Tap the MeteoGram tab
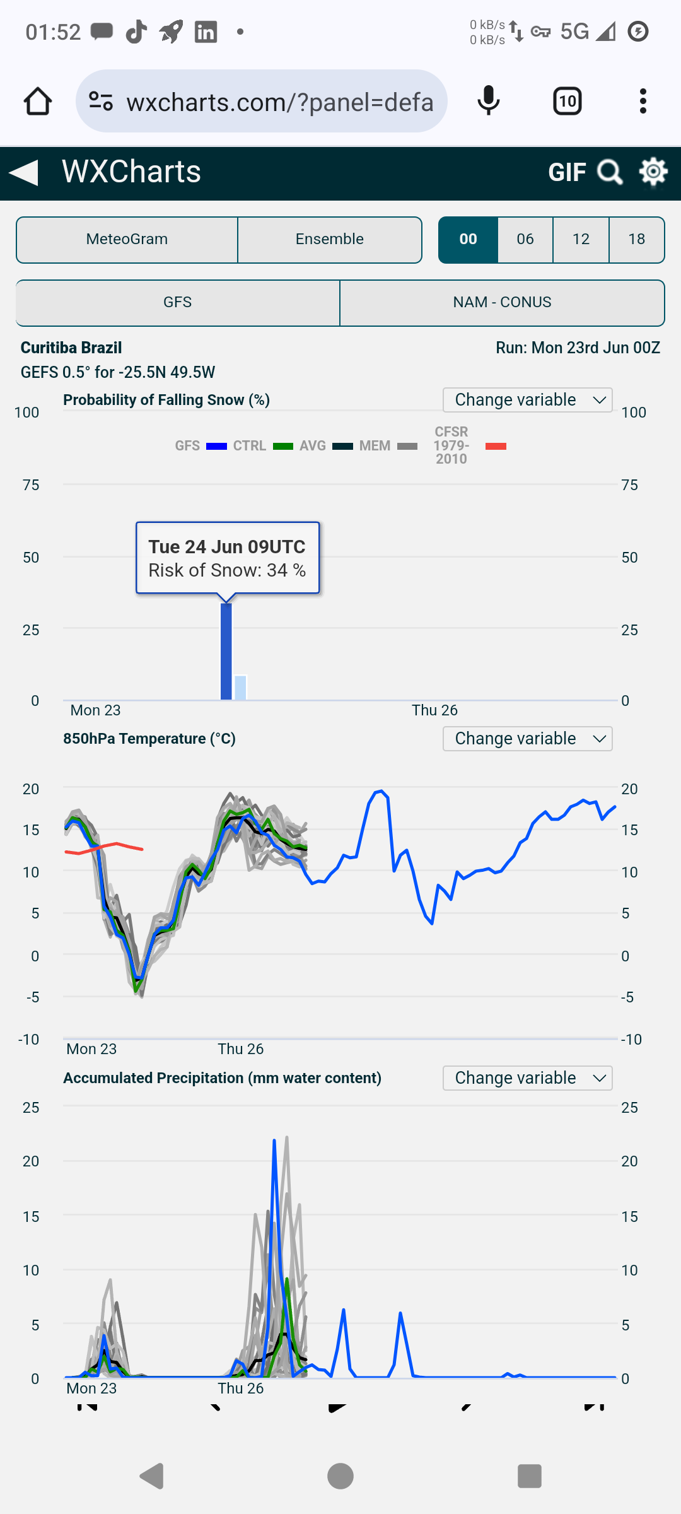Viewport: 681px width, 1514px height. pyautogui.click(x=127, y=240)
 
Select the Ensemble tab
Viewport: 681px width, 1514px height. pyautogui.click(x=329, y=240)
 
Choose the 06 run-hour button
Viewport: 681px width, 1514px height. pyautogui.click(x=525, y=240)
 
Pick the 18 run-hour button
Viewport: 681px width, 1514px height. pyautogui.click(x=636, y=240)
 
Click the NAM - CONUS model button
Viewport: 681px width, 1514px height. pyautogui.click(x=502, y=303)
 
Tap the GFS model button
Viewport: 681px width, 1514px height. pyautogui.click(x=177, y=303)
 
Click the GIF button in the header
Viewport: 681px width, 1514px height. pyautogui.click(x=567, y=172)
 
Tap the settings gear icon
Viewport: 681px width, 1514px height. pyautogui.click(x=653, y=172)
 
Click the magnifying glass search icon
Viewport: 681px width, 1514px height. pyautogui.click(x=610, y=172)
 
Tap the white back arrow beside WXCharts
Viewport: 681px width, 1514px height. pyautogui.click(x=24, y=172)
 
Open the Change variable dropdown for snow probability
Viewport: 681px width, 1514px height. pyautogui.click(x=528, y=400)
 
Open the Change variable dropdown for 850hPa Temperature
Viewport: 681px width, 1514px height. pyautogui.click(x=528, y=739)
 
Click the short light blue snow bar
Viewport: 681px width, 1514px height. pyautogui.click(x=240, y=688)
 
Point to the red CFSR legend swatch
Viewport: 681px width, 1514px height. pyautogui.click(x=496, y=446)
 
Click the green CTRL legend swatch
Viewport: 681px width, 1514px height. pyautogui.click(x=283, y=446)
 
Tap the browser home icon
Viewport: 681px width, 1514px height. pyautogui.click(x=38, y=101)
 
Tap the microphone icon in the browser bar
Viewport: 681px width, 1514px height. pyautogui.click(x=489, y=101)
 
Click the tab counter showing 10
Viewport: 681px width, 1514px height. pyautogui.click(x=567, y=101)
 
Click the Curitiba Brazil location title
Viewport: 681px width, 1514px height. pyautogui.click(x=71, y=348)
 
